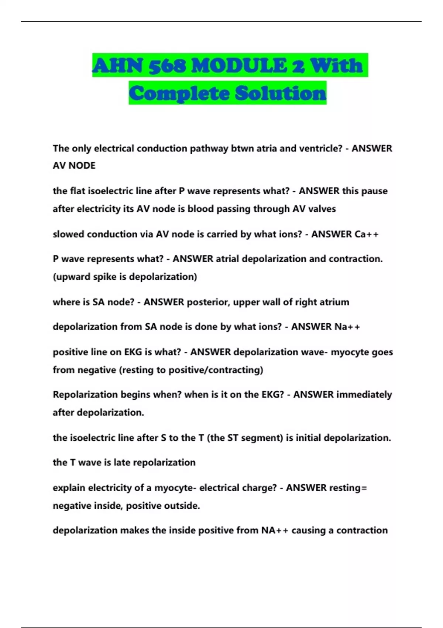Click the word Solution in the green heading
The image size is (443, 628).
tap(281, 93)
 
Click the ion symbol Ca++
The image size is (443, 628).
tap(366, 234)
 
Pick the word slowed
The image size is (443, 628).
tap(68, 234)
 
